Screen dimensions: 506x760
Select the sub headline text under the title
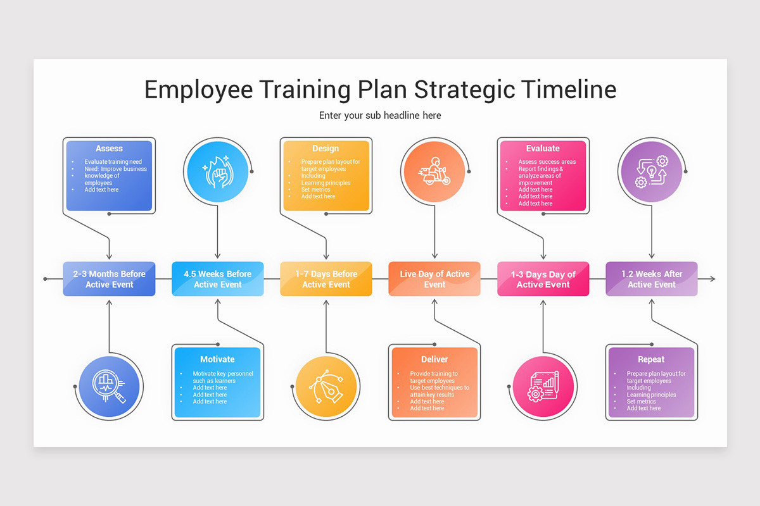click(380, 116)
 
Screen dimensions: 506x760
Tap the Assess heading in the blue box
click(109, 149)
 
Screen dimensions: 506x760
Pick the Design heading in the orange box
click(326, 149)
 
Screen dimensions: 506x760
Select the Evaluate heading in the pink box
click(543, 149)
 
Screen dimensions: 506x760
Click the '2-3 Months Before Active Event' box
click(109, 279)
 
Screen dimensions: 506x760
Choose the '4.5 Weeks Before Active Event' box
click(217, 279)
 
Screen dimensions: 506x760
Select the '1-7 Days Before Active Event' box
click(326, 279)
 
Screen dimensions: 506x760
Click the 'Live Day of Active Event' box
click(434, 279)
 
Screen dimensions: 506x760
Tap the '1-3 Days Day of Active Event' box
click(543, 279)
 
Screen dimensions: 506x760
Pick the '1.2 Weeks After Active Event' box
click(652, 279)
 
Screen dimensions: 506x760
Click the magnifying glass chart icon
click(108, 386)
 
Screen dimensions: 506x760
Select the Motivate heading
click(217, 359)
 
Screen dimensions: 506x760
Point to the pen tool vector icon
click(326, 386)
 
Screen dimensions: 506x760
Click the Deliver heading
click(434, 359)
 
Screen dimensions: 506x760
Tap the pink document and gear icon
click(543, 386)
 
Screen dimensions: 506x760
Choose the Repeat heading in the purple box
click(651, 359)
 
